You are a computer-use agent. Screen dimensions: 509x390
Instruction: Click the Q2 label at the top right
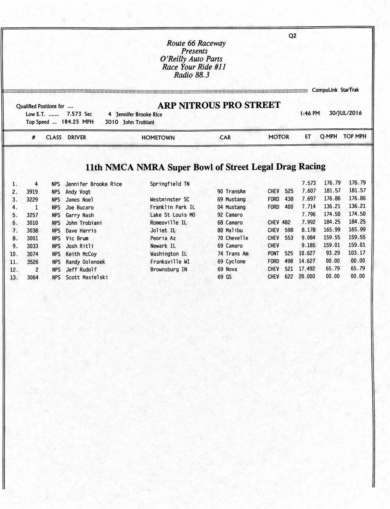[x=292, y=36]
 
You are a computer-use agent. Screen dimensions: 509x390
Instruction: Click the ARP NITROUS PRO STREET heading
[x=219, y=105]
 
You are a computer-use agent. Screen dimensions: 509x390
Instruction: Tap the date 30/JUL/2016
[x=345, y=113]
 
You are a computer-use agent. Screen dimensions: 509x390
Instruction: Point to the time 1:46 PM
[x=310, y=113]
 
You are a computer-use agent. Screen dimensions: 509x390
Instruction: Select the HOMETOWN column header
[x=158, y=137]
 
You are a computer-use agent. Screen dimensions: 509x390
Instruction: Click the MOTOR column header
[x=279, y=137]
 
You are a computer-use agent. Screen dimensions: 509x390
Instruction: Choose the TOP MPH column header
[x=355, y=137]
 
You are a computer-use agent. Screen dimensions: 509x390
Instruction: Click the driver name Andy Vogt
[x=78, y=192]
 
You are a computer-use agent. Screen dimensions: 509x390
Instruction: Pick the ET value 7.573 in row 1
[x=309, y=183]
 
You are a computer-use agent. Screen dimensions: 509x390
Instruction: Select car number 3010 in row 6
[x=32, y=223]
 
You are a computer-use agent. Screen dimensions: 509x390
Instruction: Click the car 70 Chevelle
[x=233, y=238]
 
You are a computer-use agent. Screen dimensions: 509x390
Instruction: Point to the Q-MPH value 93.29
[x=333, y=253]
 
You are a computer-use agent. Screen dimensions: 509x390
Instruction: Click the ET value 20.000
[x=307, y=277]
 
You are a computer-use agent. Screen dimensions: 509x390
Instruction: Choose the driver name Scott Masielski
[x=87, y=277]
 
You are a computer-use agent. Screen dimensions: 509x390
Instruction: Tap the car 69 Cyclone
[x=231, y=262]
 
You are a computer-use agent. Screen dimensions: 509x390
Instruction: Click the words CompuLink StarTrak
[x=335, y=90]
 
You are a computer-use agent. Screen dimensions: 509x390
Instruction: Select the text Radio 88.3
[x=192, y=75]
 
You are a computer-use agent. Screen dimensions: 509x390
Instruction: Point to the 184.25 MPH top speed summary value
[x=78, y=122]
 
